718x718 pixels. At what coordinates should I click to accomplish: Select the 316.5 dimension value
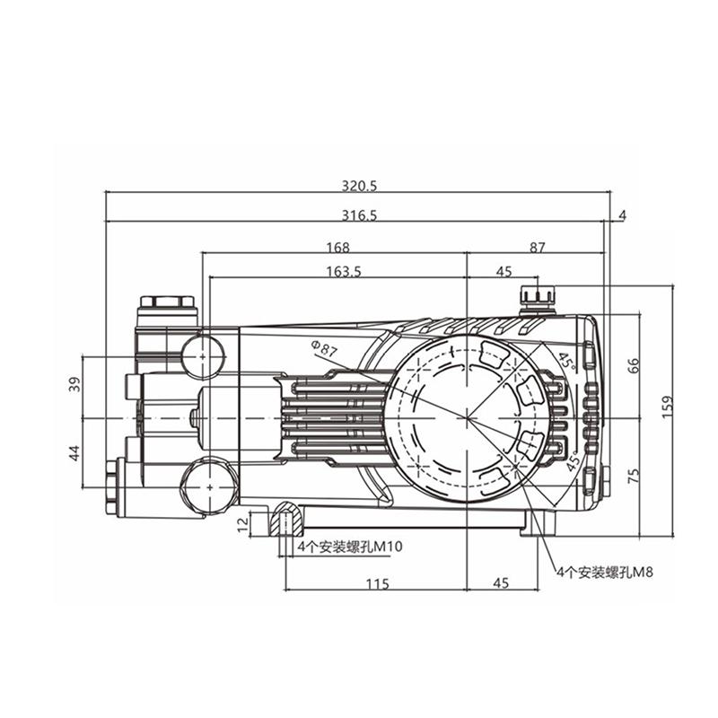359,215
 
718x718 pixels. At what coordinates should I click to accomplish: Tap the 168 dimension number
337,248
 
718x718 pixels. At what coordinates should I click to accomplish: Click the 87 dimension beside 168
537,248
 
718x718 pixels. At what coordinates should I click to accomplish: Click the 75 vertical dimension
632,476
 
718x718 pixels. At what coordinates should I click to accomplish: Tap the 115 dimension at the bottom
377,583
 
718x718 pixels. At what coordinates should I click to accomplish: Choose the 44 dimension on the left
74,453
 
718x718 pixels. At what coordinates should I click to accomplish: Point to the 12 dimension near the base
241,523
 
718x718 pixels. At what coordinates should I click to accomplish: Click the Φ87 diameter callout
323,348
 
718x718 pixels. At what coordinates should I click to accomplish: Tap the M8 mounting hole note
602,572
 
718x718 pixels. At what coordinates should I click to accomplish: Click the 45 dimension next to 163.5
503,272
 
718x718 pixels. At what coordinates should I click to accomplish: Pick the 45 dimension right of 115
501,583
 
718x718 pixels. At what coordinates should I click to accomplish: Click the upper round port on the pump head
206,355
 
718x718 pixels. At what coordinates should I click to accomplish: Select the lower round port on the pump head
206,486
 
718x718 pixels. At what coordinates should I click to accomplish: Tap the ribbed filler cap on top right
538,297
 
